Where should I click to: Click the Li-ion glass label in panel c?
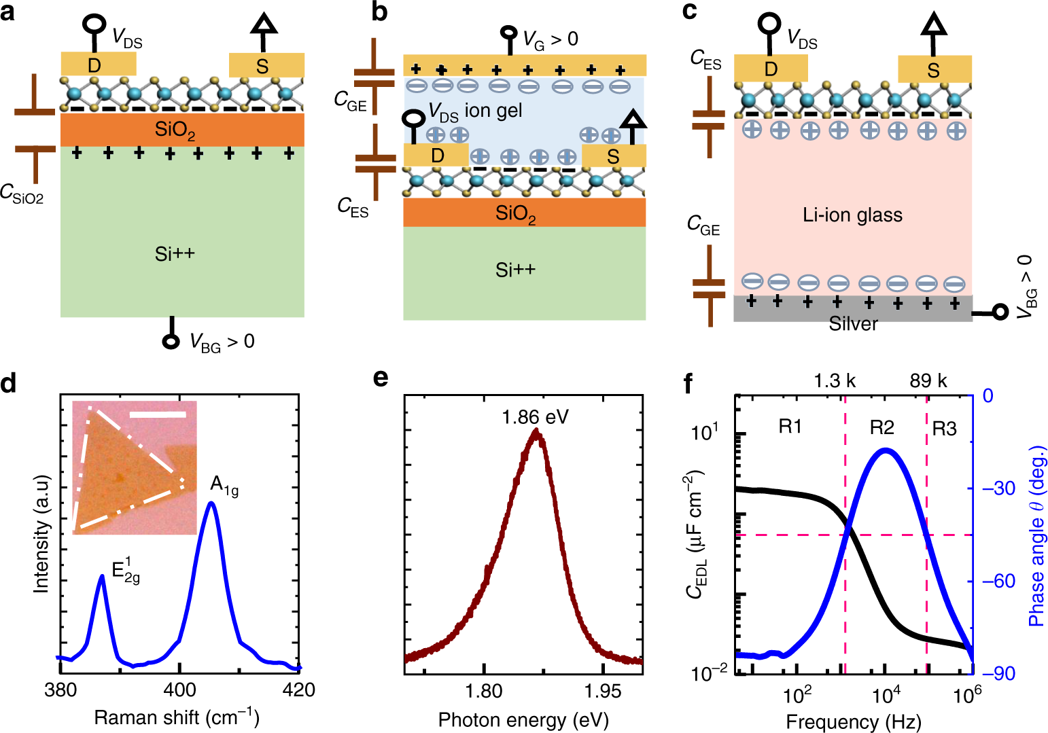point(852,215)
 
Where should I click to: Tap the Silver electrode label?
point(853,324)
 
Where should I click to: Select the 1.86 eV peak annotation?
point(535,416)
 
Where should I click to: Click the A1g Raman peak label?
point(224,485)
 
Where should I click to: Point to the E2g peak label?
point(126,571)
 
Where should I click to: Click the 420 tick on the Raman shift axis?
point(299,690)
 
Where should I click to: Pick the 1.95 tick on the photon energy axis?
point(603,691)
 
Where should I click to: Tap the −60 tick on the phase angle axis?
point(1000,581)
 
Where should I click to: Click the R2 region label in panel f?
point(881,427)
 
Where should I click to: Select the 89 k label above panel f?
point(928,380)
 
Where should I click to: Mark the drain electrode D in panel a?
point(95,65)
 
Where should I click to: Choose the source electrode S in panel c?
point(933,70)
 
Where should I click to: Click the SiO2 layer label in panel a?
point(175,130)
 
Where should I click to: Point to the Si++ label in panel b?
point(515,270)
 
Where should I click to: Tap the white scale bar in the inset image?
point(157,413)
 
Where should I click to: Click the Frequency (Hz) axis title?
point(854,721)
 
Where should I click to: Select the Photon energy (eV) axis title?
point(523,719)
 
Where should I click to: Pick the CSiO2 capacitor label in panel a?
point(22,194)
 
